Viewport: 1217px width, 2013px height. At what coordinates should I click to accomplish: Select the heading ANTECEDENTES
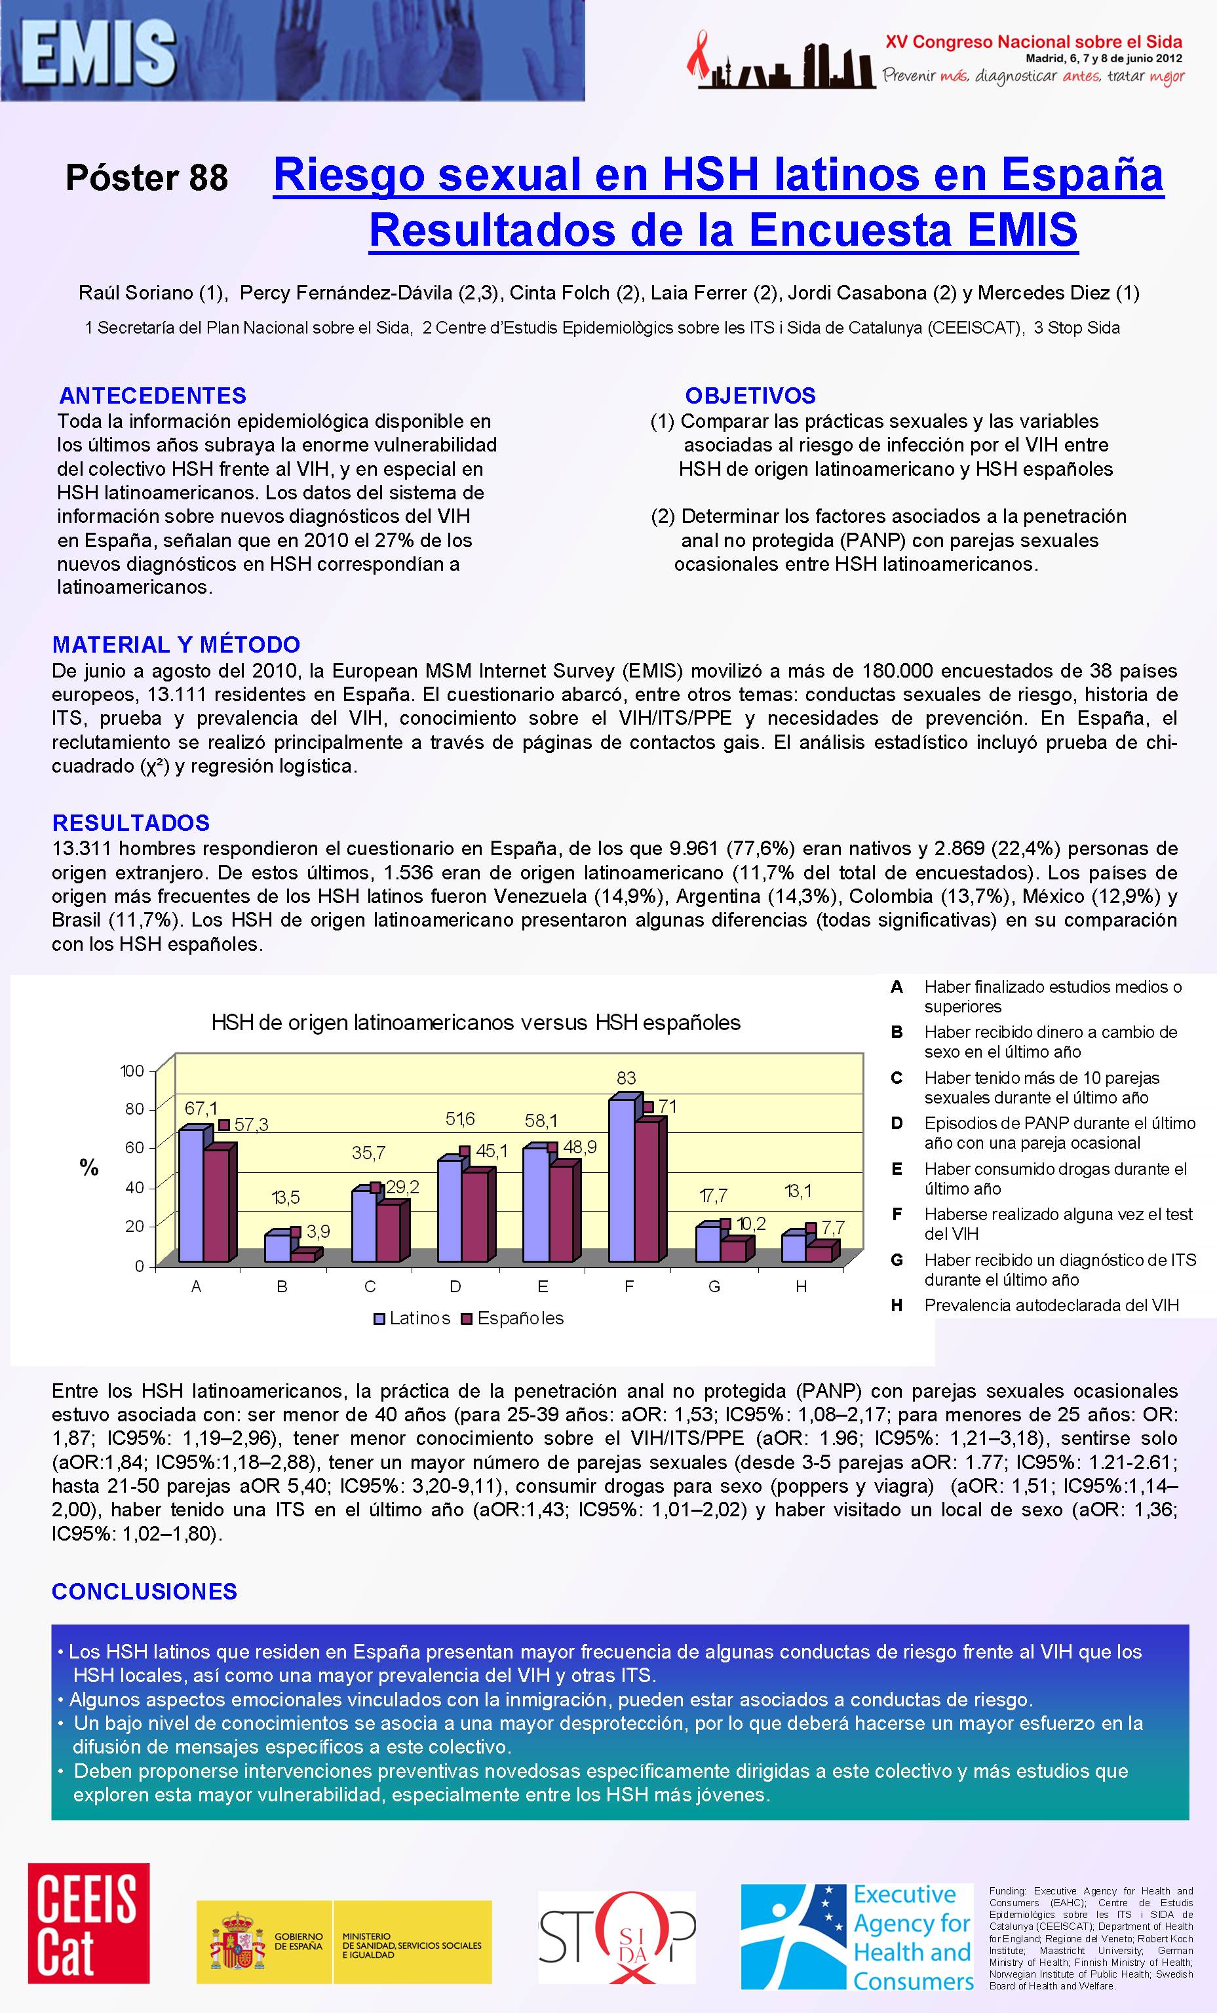coord(153,396)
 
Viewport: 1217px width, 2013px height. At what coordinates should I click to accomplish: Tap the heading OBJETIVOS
coord(750,396)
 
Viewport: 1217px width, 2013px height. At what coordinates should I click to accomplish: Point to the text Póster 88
coord(147,178)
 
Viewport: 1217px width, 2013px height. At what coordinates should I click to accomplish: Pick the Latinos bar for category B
coord(277,1248)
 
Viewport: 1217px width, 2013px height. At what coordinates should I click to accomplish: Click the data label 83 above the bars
coord(626,1079)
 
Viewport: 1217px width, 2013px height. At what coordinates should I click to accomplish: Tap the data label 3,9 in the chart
coord(318,1231)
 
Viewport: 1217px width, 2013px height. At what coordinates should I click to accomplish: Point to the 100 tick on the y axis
coord(132,1071)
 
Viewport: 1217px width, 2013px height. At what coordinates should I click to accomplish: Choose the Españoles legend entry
coord(513,1318)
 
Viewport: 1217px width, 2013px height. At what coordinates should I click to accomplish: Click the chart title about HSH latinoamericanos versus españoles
coord(476,1023)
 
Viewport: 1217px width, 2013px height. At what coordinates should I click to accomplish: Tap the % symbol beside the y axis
coord(89,1168)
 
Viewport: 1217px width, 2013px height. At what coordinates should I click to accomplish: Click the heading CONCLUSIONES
coord(145,1592)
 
